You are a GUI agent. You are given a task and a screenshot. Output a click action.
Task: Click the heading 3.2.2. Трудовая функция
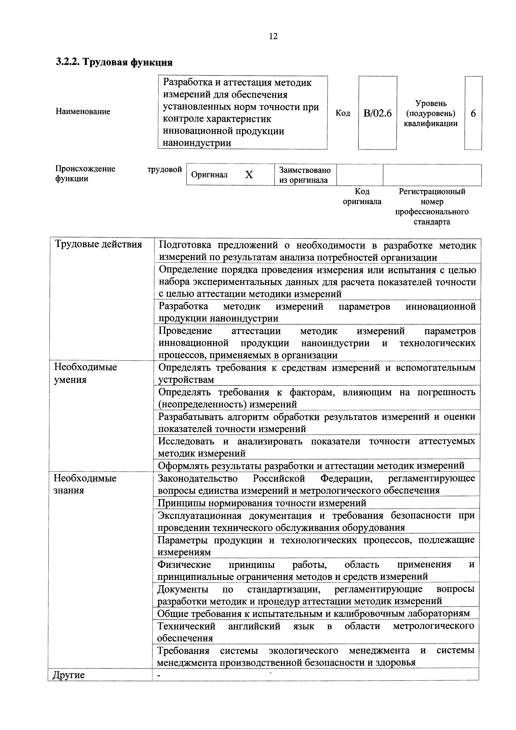click(114, 62)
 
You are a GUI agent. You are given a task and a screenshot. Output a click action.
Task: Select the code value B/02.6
click(377, 113)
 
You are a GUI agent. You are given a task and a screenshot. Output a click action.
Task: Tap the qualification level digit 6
click(473, 113)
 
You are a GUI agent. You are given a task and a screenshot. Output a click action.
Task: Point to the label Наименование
click(83, 111)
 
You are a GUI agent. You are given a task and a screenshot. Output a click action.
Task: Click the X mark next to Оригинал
click(249, 175)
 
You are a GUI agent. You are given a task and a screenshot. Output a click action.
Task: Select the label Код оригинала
click(362, 196)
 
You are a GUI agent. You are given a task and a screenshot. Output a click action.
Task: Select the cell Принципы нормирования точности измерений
click(262, 503)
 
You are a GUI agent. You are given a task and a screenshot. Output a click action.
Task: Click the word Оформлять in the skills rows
click(184, 466)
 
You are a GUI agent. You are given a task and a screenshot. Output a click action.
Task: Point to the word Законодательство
click(198, 478)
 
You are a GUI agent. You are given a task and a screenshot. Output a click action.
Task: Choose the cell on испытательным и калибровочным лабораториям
click(314, 613)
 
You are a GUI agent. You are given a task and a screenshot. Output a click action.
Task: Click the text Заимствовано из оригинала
click(305, 175)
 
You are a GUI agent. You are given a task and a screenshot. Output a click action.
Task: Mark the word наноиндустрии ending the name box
click(197, 143)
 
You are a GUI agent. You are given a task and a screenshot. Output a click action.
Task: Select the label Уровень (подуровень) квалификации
click(431, 113)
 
